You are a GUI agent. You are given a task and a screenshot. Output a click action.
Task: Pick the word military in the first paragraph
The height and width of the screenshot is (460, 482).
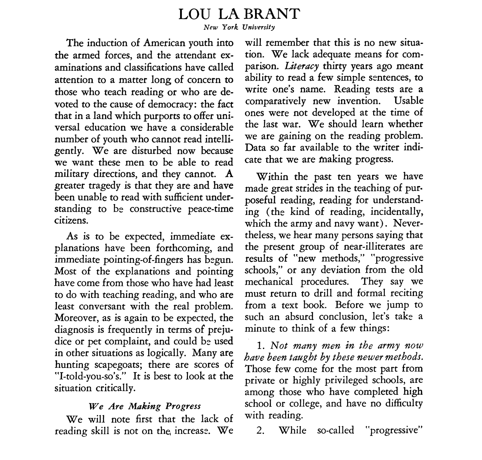click(73, 174)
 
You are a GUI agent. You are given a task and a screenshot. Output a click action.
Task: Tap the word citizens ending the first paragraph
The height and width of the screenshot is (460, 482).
click(72, 220)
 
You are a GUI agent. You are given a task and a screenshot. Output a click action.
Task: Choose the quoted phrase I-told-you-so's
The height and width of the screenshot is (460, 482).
click(91, 376)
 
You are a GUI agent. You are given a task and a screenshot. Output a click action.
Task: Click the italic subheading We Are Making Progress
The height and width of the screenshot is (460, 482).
click(144, 406)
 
